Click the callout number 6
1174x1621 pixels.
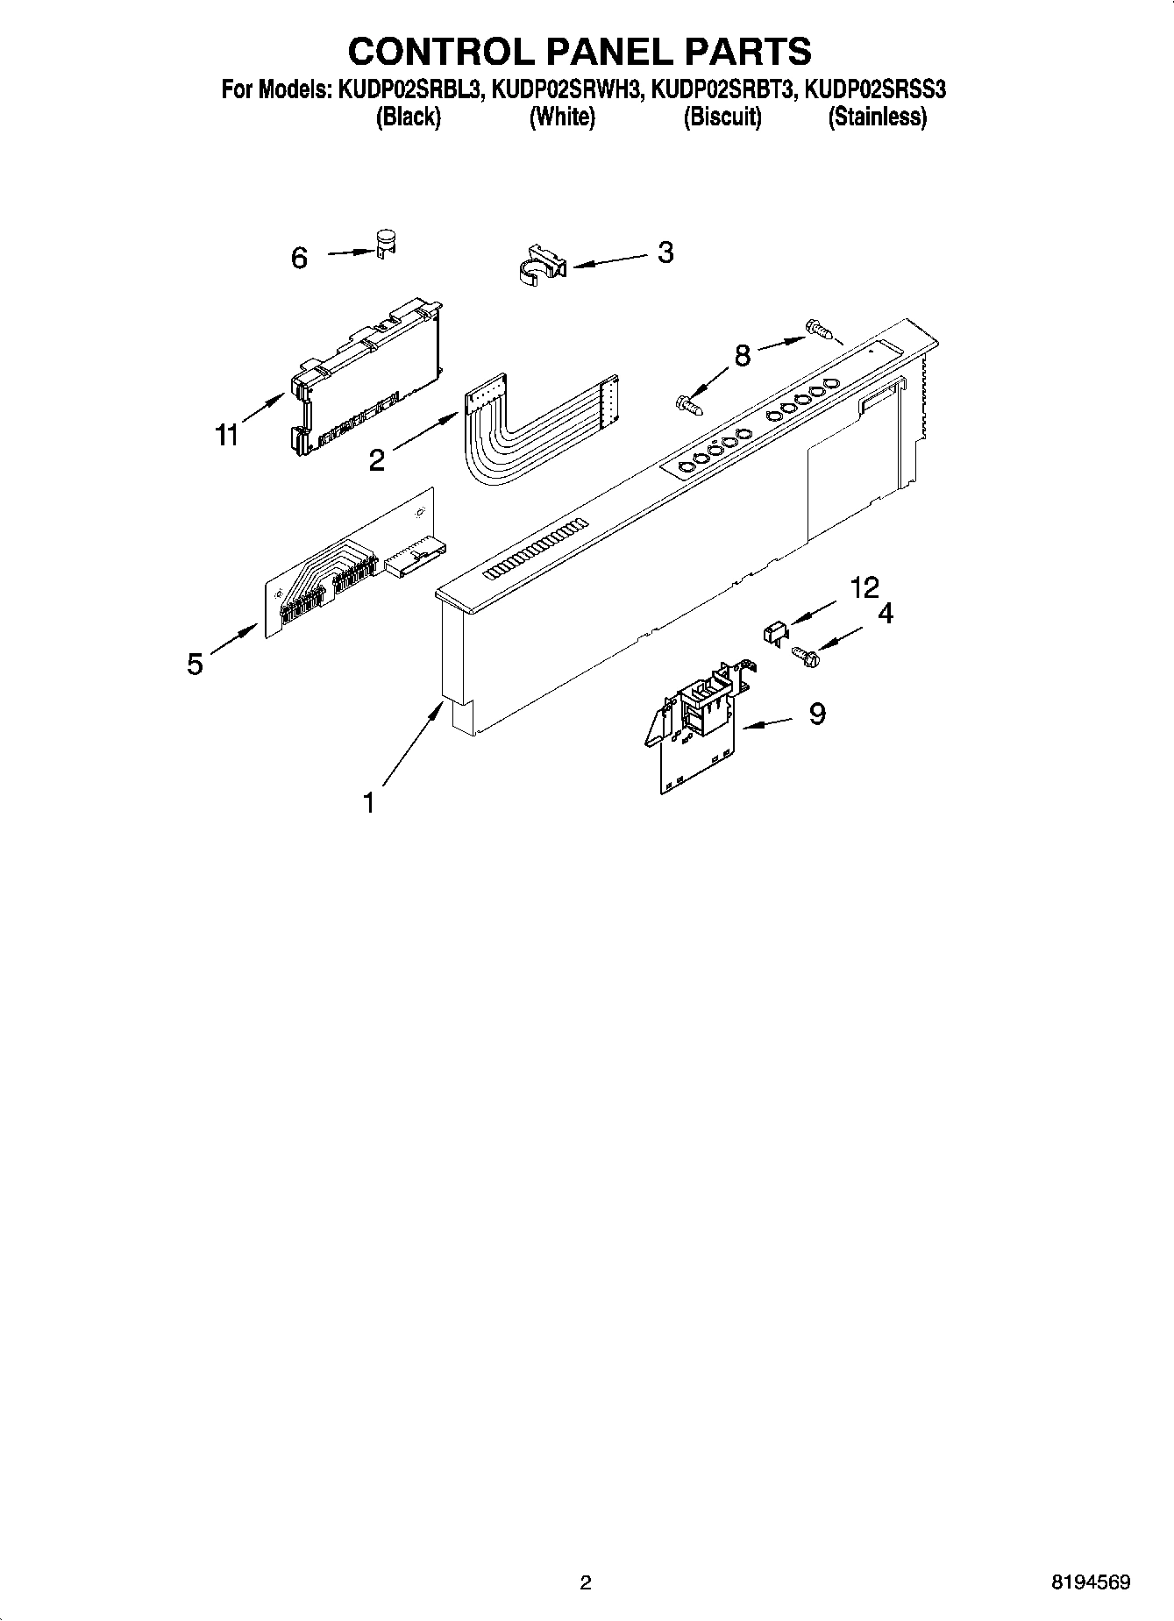point(299,258)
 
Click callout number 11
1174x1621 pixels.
point(227,434)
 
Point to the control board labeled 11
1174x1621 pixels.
point(364,378)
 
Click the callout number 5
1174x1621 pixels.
point(195,664)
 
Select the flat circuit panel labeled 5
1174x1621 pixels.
point(351,565)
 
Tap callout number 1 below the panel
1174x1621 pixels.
point(369,801)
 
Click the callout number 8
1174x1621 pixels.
point(743,355)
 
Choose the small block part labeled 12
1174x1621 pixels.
point(773,630)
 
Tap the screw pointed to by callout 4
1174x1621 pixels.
point(804,654)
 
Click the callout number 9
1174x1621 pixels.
point(816,714)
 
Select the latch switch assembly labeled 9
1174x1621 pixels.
point(696,727)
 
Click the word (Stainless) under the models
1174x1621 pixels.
point(877,117)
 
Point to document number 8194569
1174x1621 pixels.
point(1090,1582)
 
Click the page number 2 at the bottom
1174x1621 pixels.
point(586,1582)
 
